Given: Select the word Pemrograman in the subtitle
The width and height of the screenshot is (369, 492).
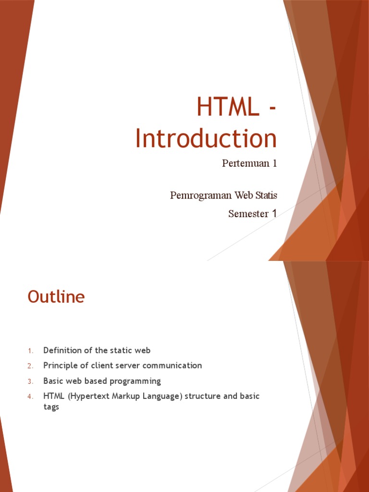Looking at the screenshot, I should point(201,196).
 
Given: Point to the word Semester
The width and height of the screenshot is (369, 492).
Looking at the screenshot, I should point(248,214).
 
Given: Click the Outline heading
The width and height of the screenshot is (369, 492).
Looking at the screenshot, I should point(56,297).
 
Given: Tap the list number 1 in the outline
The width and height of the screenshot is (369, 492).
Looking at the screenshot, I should point(29,351).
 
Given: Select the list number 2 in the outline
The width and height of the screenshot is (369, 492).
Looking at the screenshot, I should point(29,366).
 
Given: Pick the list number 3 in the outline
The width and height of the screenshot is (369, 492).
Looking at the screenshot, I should point(29,381).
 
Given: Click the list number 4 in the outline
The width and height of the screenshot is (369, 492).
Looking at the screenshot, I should point(29,397).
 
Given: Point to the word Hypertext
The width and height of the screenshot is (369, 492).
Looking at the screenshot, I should point(89,396).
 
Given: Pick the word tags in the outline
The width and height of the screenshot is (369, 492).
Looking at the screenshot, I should point(51,407).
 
